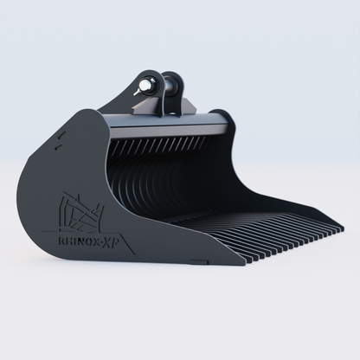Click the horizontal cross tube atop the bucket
pos(173,124)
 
